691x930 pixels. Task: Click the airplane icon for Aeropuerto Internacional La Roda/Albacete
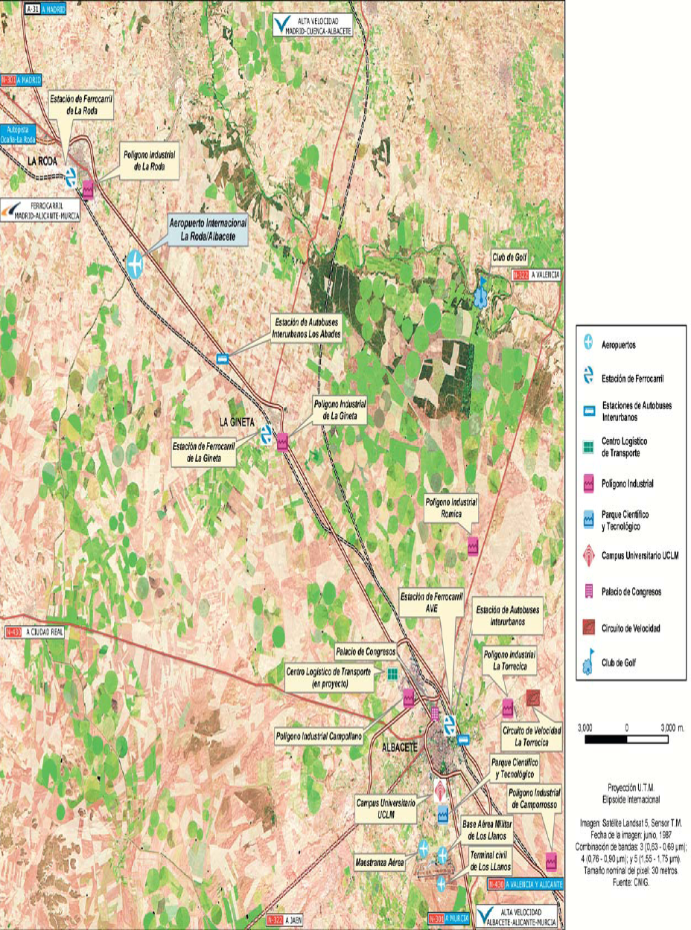tap(135, 263)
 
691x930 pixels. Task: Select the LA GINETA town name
tap(238, 422)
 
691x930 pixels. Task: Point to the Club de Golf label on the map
tap(509, 258)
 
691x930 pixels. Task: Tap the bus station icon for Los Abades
tap(222, 358)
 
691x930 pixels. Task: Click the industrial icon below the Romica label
tap(472, 546)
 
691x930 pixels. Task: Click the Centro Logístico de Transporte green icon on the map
tap(391, 674)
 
